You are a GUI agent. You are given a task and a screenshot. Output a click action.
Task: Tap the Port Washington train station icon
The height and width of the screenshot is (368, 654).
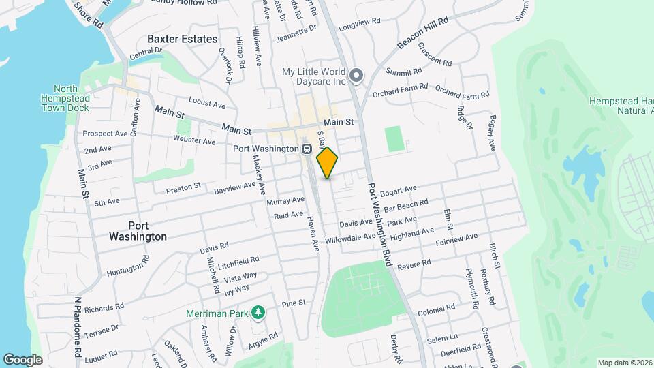(x=307, y=149)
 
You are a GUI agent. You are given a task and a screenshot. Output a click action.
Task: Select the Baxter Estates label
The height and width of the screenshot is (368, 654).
(x=183, y=39)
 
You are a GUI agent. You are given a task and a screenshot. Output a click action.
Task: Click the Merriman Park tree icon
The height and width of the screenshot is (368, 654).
(x=258, y=313)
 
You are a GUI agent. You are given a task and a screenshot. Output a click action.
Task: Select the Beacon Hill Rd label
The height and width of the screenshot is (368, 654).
(x=422, y=33)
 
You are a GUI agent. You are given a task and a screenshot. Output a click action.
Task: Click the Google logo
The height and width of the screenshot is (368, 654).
(x=22, y=359)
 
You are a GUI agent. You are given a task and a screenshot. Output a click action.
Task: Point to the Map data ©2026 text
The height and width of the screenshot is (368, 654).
(x=624, y=363)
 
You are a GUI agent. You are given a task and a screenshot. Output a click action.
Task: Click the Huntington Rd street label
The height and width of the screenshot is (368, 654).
(x=128, y=266)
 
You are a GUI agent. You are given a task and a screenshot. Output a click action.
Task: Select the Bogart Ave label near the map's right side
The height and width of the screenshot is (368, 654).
(x=490, y=134)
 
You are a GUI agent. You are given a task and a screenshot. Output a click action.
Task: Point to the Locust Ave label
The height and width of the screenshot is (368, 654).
(x=206, y=104)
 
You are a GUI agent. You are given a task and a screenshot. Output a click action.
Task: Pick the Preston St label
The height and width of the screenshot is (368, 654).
(x=183, y=187)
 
